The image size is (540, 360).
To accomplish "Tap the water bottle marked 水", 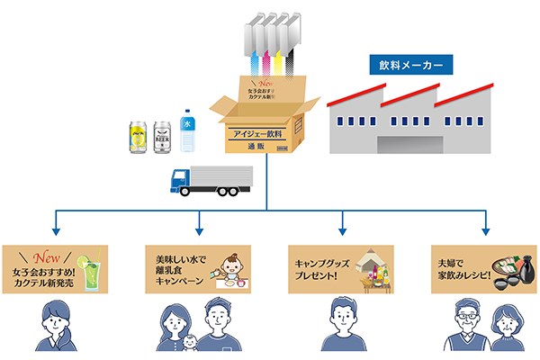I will [187, 130].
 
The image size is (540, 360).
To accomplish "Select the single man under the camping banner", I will [341, 326].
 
